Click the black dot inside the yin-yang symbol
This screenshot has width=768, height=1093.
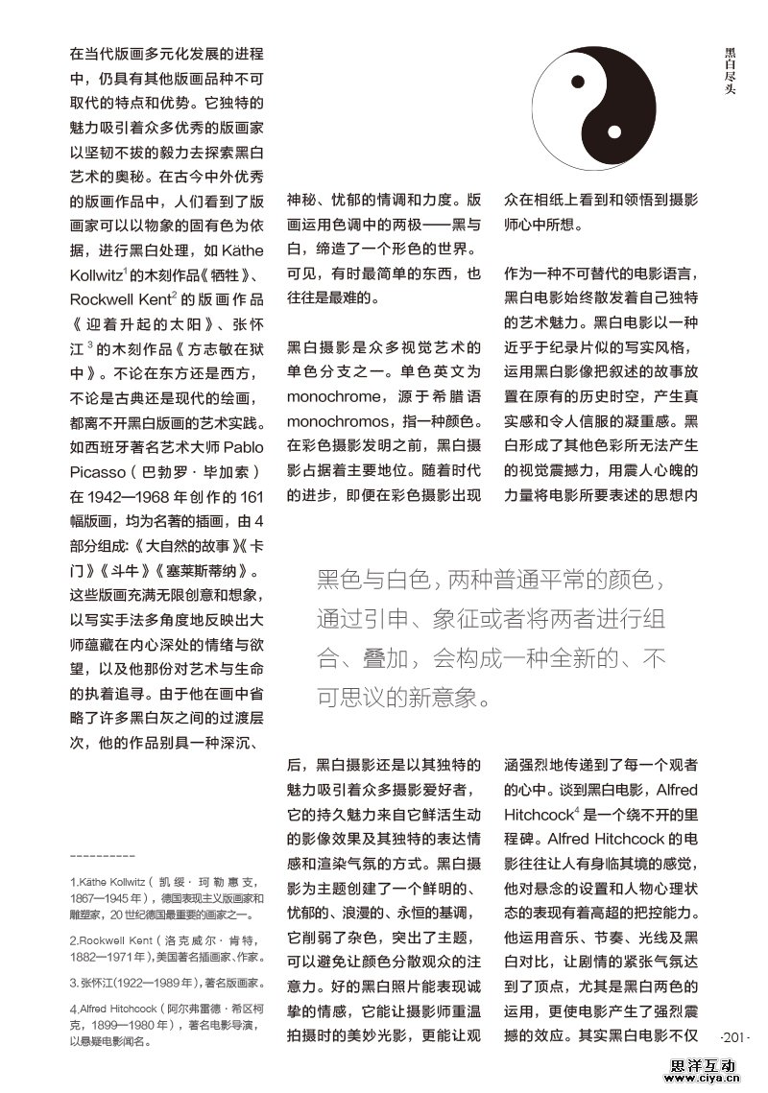tap(579, 81)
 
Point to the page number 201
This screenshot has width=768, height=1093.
tap(733, 1037)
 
